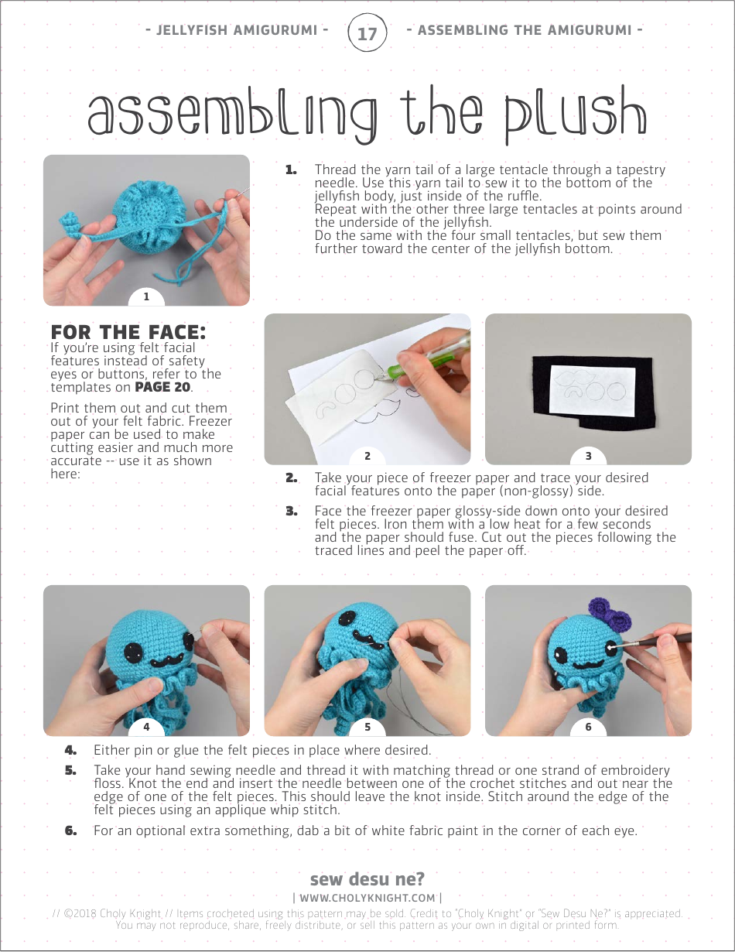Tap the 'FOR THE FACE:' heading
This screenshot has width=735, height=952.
pyautogui.click(x=128, y=332)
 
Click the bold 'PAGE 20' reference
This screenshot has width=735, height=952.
pyautogui.click(x=163, y=387)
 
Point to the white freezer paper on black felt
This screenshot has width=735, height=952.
pyautogui.click(x=592, y=382)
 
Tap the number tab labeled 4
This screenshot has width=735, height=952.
pyautogui.click(x=146, y=726)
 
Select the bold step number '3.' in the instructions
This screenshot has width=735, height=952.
pyautogui.click(x=292, y=511)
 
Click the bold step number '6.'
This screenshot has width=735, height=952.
pyautogui.click(x=71, y=830)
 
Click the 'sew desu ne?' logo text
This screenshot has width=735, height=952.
pyautogui.click(x=367, y=879)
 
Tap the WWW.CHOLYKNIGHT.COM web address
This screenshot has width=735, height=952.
pyautogui.click(x=367, y=898)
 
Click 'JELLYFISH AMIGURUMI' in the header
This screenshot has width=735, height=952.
pyautogui.click(x=237, y=30)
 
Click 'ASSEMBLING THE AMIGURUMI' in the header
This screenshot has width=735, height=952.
pyautogui.click(x=530, y=30)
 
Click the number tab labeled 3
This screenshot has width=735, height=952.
pyautogui.click(x=588, y=456)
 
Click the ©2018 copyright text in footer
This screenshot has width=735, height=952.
pyautogui.click(x=108, y=913)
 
